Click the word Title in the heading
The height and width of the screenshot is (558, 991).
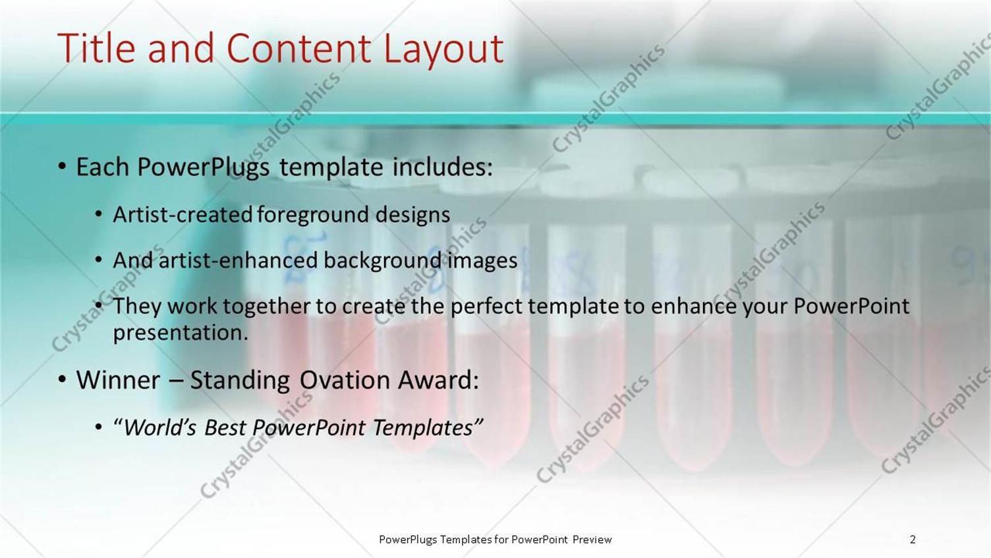pyautogui.click(x=98, y=48)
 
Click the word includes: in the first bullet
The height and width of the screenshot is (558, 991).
pyautogui.click(x=442, y=167)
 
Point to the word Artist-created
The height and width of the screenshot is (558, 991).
pyautogui.click(x=183, y=214)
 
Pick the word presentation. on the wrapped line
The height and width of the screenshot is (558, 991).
pyautogui.click(x=181, y=332)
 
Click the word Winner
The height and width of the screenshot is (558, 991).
pyautogui.click(x=117, y=381)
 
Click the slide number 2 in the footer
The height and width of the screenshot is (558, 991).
pyautogui.click(x=913, y=540)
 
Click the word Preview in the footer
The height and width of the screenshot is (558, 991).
pyautogui.click(x=592, y=540)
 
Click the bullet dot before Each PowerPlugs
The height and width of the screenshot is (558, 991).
pyautogui.click(x=62, y=167)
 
